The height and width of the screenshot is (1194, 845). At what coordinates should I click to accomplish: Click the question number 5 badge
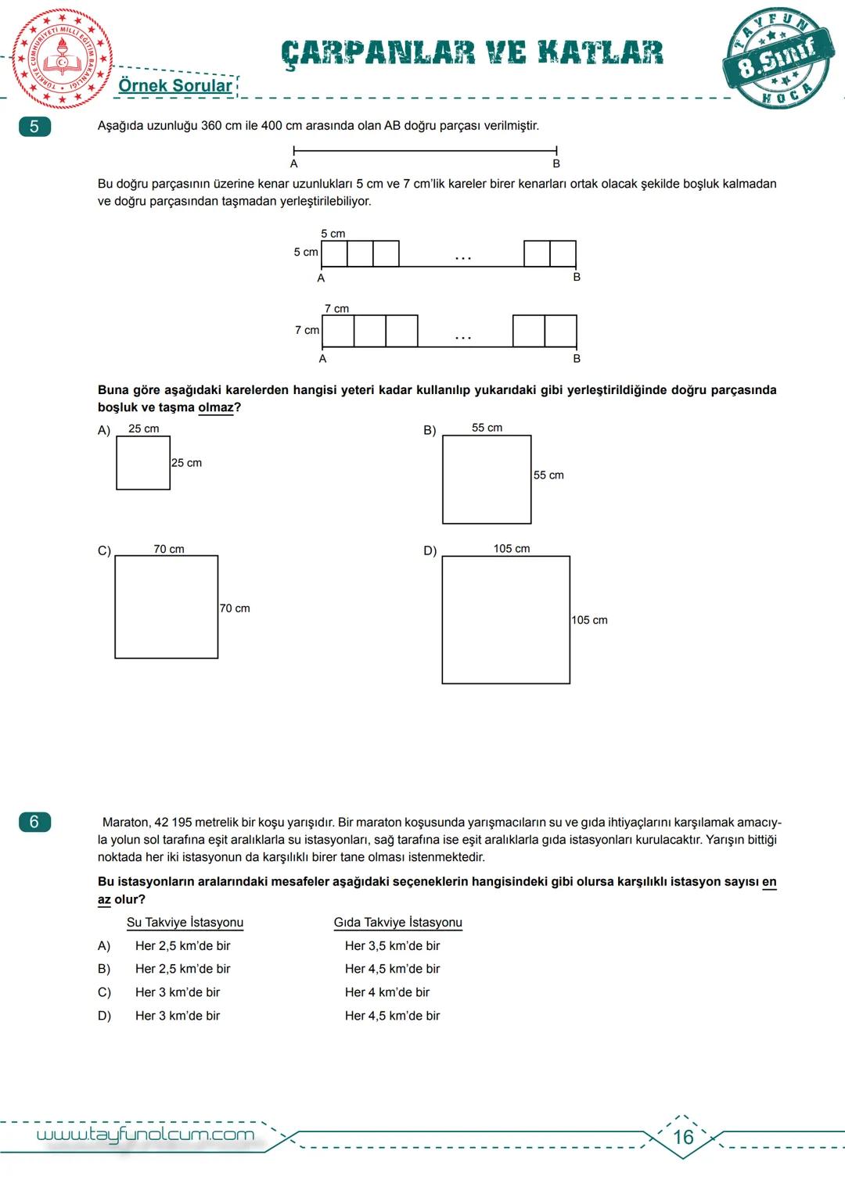34,127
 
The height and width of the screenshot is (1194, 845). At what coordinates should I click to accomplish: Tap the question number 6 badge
34,822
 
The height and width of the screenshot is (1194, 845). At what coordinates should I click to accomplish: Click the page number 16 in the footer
683,1137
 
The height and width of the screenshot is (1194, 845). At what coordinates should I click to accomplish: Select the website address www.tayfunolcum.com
146,1135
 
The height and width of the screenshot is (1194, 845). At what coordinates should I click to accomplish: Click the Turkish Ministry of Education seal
62,59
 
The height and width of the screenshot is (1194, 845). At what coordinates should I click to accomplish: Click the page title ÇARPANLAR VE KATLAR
472,53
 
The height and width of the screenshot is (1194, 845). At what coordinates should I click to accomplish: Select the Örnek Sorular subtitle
175,86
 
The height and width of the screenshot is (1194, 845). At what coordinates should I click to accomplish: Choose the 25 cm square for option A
143,463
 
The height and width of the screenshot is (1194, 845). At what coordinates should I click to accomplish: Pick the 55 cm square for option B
487,479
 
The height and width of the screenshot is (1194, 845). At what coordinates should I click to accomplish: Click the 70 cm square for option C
167,607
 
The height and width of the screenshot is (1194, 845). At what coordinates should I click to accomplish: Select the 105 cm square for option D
506,620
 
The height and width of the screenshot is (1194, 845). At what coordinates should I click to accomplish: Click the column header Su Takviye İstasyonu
185,923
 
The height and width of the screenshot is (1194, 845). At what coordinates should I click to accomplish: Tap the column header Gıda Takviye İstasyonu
397,923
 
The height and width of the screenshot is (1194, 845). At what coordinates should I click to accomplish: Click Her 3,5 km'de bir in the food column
392,946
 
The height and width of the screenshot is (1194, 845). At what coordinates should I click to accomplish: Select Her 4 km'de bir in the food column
387,992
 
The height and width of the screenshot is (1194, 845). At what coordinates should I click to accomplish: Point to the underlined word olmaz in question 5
216,407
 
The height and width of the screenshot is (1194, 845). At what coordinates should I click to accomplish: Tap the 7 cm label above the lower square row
336,309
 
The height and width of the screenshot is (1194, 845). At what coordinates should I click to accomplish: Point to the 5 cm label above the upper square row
333,234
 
